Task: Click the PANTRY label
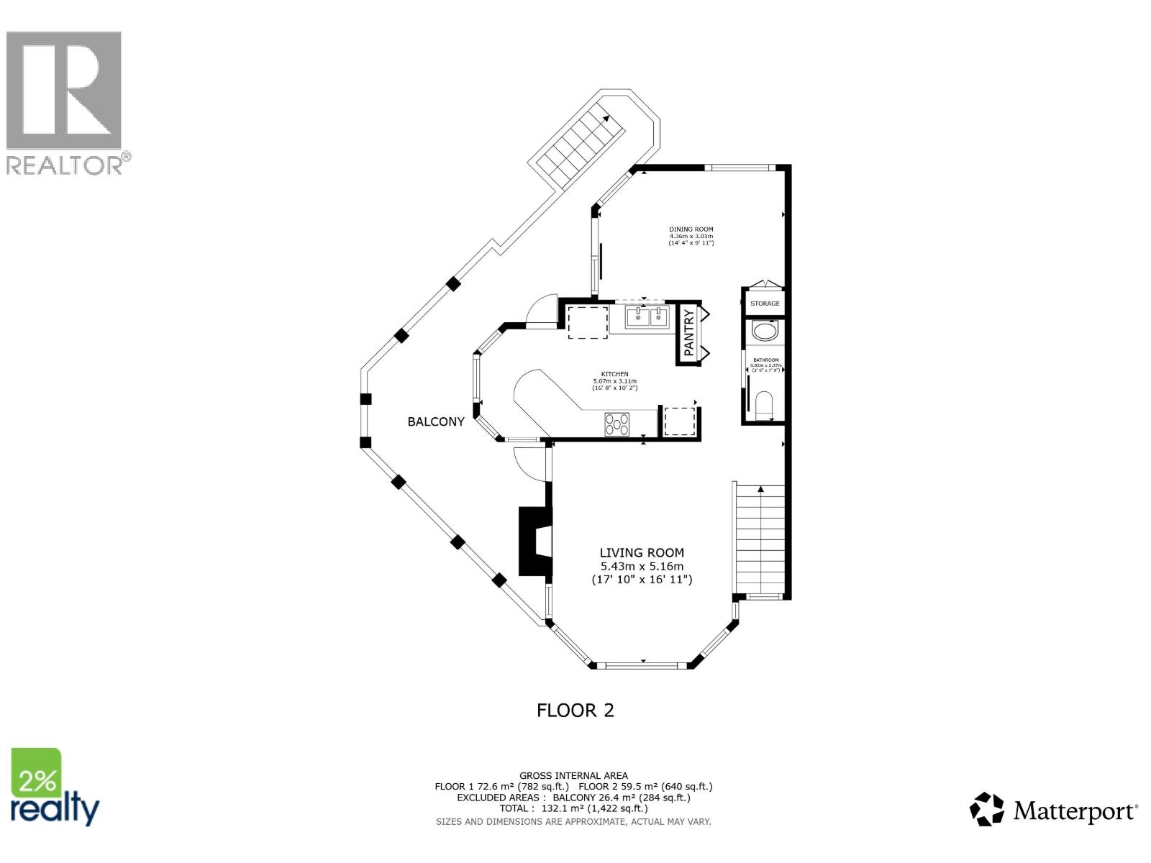click(x=689, y=333)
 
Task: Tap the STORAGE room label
click(x=765, y=303)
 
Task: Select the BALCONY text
click(x=436, y=421)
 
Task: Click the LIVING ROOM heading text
click(x=642, y=552)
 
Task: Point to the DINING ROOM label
click(x=691, y=229)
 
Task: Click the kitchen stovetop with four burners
click(x=617, y=424)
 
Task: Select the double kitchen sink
click(x=647, y=316)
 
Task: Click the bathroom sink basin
click(x=764, y=332)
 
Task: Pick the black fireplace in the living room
click(x=534, y=542)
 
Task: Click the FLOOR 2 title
click(x=575, y=711)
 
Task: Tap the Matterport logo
click(x=1054, y=811)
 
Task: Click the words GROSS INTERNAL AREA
click(x=573, y=775)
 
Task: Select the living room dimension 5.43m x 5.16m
click(x=642, y=566)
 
